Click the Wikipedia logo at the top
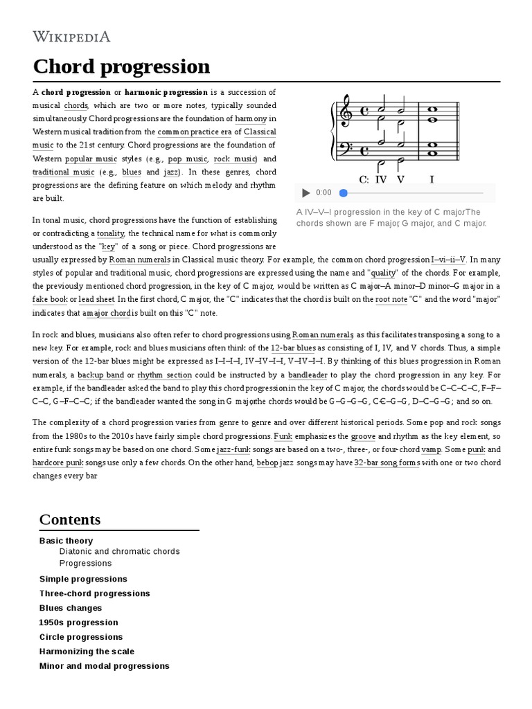71,37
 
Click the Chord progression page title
121,66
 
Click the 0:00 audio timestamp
323,193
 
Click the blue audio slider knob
343,193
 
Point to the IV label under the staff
381,179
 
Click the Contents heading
69,519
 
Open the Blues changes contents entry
71,608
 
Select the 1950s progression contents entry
78,622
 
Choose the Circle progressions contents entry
81,637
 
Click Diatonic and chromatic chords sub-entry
119,552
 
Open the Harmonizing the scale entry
87,652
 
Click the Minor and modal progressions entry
104,666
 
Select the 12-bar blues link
293,348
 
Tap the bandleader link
308,375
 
